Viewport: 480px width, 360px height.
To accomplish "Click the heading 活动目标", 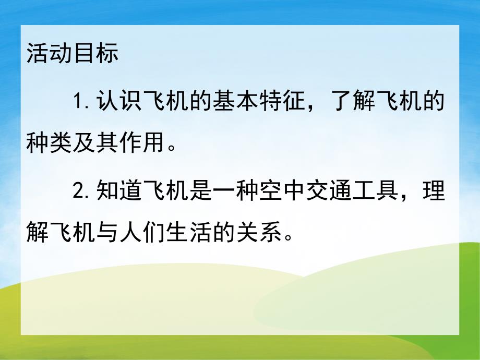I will pos(73,53).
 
